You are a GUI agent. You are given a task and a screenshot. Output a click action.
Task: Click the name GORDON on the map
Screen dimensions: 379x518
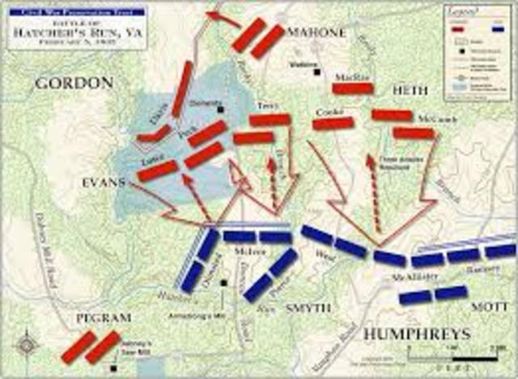(73, 83)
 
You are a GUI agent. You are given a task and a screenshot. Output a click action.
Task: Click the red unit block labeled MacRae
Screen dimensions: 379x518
(352, 88)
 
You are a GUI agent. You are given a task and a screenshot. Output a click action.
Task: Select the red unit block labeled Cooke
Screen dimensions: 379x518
(333, 124)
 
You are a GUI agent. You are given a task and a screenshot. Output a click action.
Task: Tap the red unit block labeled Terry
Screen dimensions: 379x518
(270, 120)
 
